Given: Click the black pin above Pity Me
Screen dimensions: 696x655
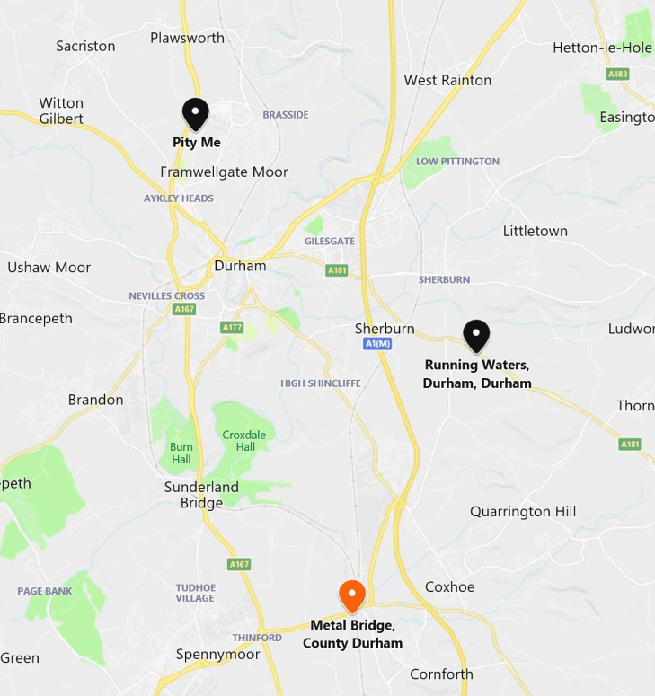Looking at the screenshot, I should point(196,113).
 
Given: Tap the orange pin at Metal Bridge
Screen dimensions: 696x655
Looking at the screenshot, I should point(351,595).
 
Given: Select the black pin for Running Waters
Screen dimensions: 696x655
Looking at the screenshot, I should point(476,335).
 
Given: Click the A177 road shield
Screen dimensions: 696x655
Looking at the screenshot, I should point(232,328).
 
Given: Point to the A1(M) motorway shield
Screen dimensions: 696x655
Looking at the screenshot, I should point(377,344).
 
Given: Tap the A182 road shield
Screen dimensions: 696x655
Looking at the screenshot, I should point(617,74).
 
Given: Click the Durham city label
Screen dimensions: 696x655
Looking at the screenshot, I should point(240,266).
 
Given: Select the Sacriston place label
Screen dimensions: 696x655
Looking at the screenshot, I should point(85,46).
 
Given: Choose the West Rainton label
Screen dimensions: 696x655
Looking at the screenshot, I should point(447,80).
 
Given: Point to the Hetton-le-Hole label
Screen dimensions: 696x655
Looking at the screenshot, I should point(602,48).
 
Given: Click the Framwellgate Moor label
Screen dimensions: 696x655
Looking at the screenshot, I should point(224,172).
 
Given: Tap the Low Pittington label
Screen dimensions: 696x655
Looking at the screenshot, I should point(457,162).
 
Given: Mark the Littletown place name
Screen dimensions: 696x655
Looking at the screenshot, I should point(535,231).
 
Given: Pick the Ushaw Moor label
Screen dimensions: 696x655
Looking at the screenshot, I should point(49,267).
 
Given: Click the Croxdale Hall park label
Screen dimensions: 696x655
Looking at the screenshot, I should point(244,441).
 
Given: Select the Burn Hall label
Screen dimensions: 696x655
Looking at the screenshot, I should point(181,453).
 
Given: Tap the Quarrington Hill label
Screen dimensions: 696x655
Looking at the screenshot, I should point(523,511).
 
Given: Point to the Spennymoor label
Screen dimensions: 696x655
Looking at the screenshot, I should point(217,654).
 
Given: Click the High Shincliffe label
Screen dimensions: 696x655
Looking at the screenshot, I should point(321,383).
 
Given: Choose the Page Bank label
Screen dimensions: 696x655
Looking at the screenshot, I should point(45,591).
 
